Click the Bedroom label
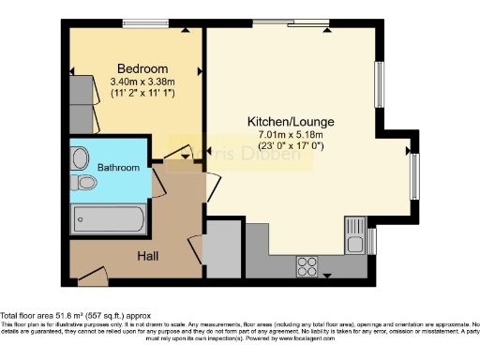142,68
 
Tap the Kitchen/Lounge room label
290,122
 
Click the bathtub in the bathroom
110,222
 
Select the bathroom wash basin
81,157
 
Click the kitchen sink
354,233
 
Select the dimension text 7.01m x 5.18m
290,135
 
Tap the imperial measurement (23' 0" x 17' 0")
290,147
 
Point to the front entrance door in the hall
91,275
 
